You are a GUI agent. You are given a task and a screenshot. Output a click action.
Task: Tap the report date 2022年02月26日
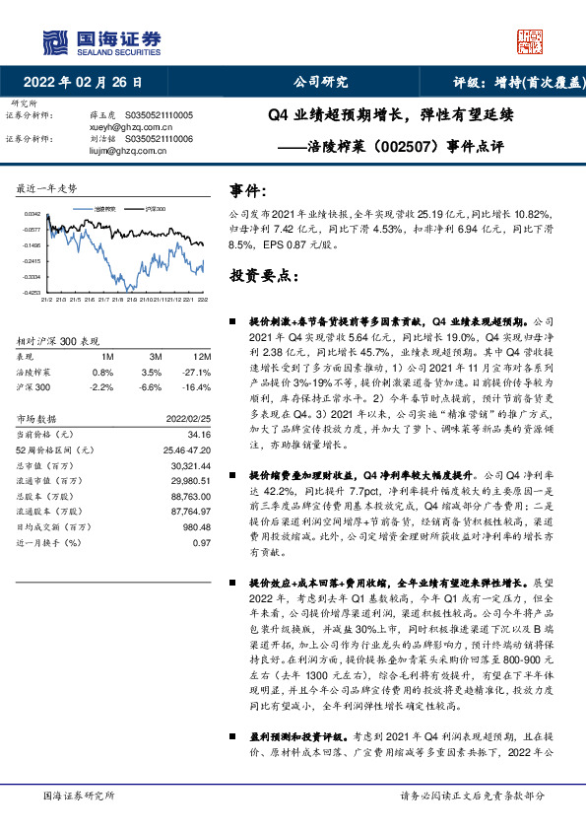point(89,82)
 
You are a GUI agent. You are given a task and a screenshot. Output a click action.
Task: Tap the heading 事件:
point(248,190)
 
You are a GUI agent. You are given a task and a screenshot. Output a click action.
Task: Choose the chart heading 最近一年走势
point(48,187)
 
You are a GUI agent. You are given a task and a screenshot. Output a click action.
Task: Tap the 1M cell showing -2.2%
point(103,388)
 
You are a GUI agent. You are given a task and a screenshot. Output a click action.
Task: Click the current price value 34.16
point(199,434)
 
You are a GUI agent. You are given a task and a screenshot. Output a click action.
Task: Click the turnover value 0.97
point(202,543)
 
